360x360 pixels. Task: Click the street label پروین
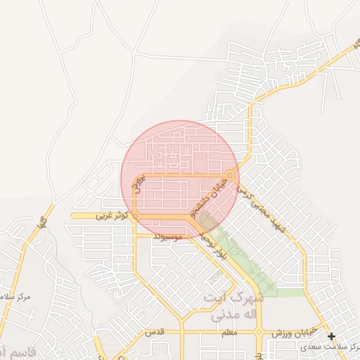pyautogui.click(x=139, y=181)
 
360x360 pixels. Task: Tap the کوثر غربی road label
pyautogui.click(x=112, y=217)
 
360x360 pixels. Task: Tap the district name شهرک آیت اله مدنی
pyautogui.click(x=232, y=307)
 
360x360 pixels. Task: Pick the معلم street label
pyautogui.click(x=229, y=332)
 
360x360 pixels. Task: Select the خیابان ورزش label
pyautogui.click(x=288, y=332)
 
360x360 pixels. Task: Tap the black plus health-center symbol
pyautogui.click(x=331, y=336)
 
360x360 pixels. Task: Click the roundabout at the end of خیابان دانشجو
pyautogui.click(x=231, y=175)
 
